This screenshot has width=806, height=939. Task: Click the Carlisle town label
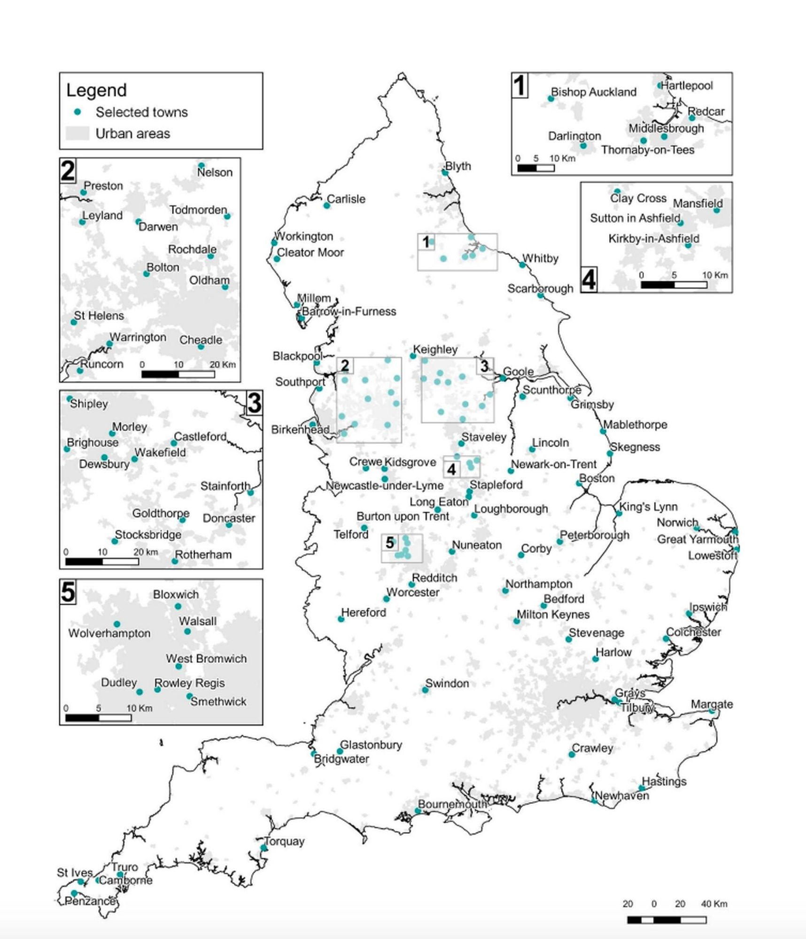(x=346, y=199)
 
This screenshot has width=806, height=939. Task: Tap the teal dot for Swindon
(x=425, y=690)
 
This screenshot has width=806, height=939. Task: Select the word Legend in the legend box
(x=96, y=90)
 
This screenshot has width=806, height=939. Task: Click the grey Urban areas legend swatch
(x=77, y=133)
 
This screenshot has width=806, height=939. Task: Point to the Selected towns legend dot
(x=78, y=112)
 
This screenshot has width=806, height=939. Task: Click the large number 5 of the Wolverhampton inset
(x=68, y=592)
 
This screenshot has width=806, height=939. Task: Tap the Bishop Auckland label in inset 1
(x=594, y=92)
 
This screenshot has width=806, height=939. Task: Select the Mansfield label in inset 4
(x=697, y=203)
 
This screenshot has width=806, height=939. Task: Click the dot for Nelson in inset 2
(x=201, y=166)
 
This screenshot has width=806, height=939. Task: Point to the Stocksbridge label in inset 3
(x=148, y=535)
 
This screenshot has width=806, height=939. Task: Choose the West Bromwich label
(x=206, y=659)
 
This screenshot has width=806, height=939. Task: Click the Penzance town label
(x=90, y=901)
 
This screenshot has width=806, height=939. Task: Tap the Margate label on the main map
(x=712, y=704)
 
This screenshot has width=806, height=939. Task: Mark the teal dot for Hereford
(x=341, y=619)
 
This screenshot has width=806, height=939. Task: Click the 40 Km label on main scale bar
(x=714, y=903)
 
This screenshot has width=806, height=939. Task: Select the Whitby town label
(x=540, y=259)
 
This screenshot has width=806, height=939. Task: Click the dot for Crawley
(x=572, y=754)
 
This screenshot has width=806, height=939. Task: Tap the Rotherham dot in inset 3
(x=175, y=561)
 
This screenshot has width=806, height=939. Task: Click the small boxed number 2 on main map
(x=345, y=365)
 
